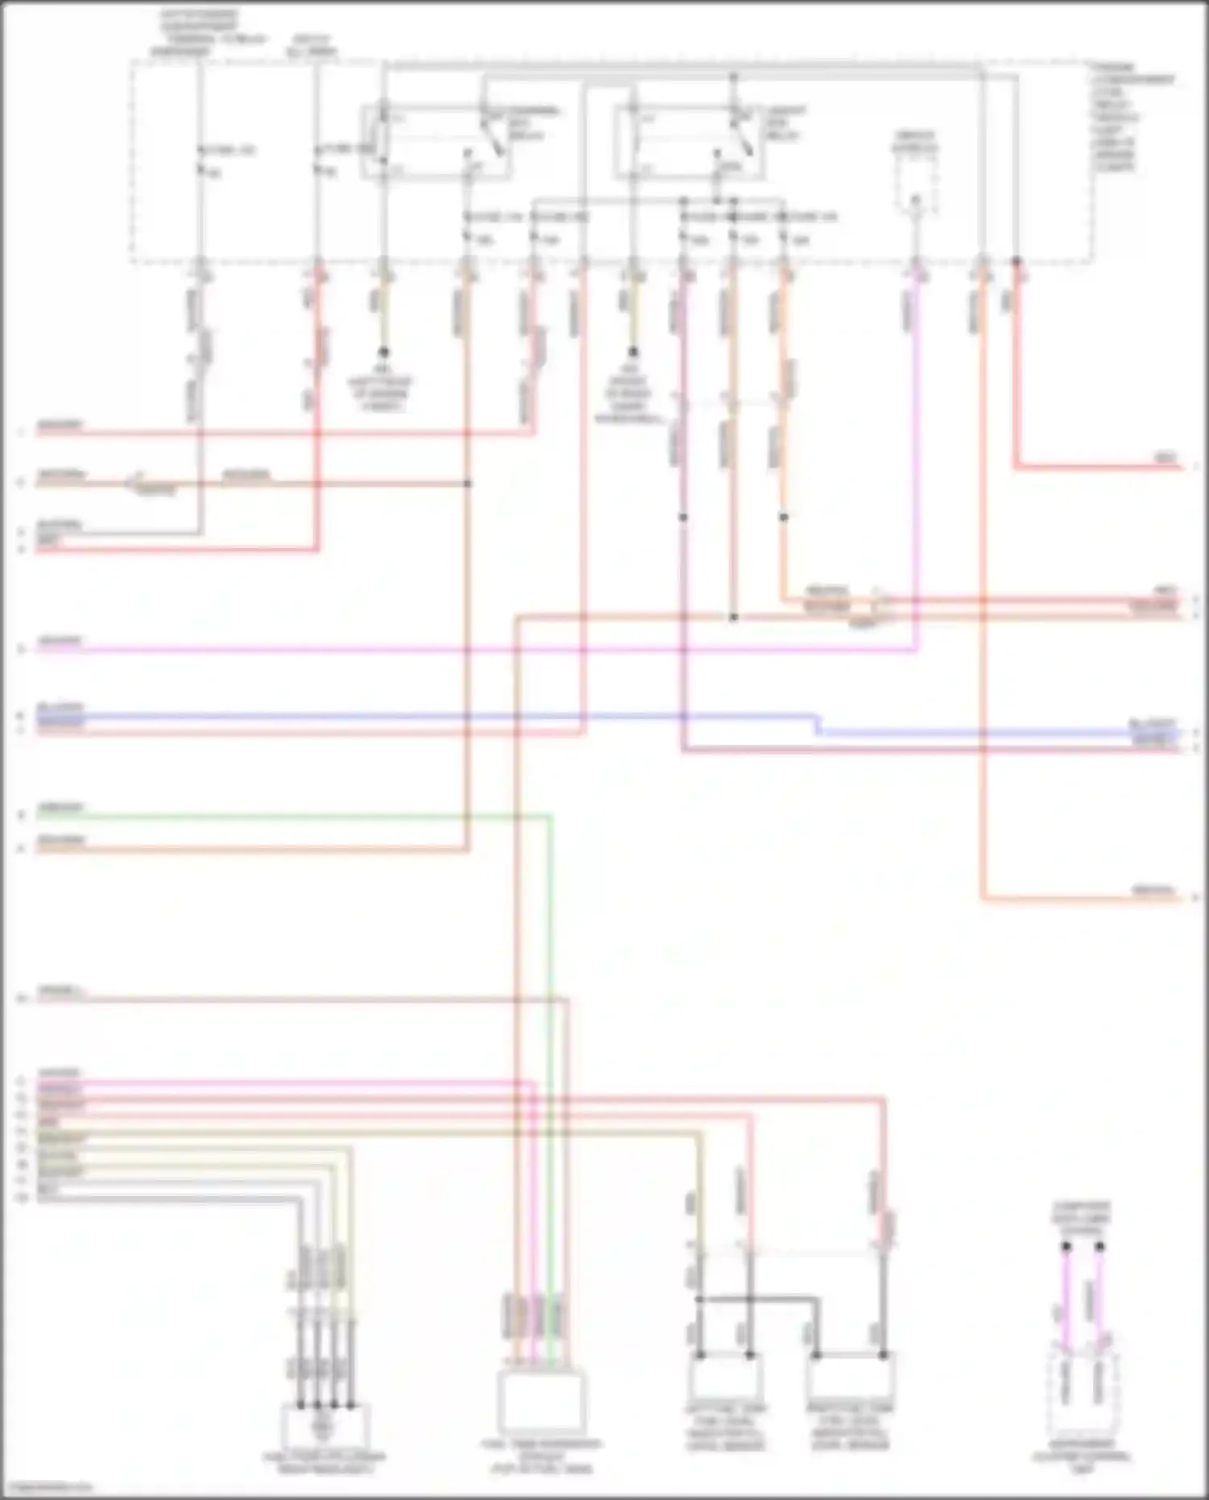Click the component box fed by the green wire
[x=541, y=1400]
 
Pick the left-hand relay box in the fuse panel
[x=435, y=142]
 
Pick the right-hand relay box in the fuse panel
[x=689, y=142]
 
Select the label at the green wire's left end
[x=60, y=808]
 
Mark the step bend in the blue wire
[x=817, y=724]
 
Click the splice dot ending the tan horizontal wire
[x=468, y=484]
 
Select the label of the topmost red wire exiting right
[x=1165, y=458]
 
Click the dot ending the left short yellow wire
[x=384, y=352]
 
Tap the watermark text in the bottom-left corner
[x=48, y=1487]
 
